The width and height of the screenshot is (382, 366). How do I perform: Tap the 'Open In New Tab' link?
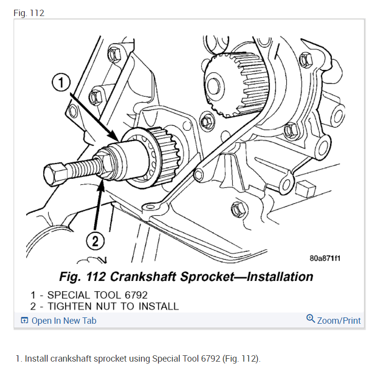(64, 320)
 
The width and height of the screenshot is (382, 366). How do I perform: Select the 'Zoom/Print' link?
(339, 320)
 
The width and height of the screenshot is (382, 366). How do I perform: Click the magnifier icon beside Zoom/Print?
(311, 319)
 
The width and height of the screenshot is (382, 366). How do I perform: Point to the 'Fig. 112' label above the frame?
(29, 13)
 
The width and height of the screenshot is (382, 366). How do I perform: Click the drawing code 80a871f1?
(325, 258)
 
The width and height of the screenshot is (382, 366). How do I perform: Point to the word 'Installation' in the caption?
(280, 277)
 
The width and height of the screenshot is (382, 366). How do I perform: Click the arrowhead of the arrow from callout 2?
(102, 181)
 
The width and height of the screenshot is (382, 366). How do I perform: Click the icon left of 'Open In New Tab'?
(24, 320)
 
